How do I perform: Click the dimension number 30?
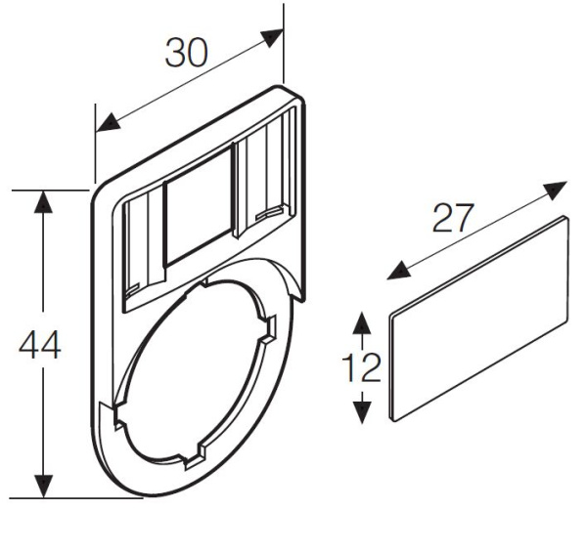186,52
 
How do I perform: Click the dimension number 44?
40,346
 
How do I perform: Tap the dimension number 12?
362,367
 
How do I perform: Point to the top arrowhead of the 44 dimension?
42,200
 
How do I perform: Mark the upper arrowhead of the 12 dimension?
362,323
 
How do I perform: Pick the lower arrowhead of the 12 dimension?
362,412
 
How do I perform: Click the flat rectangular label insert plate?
479,318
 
